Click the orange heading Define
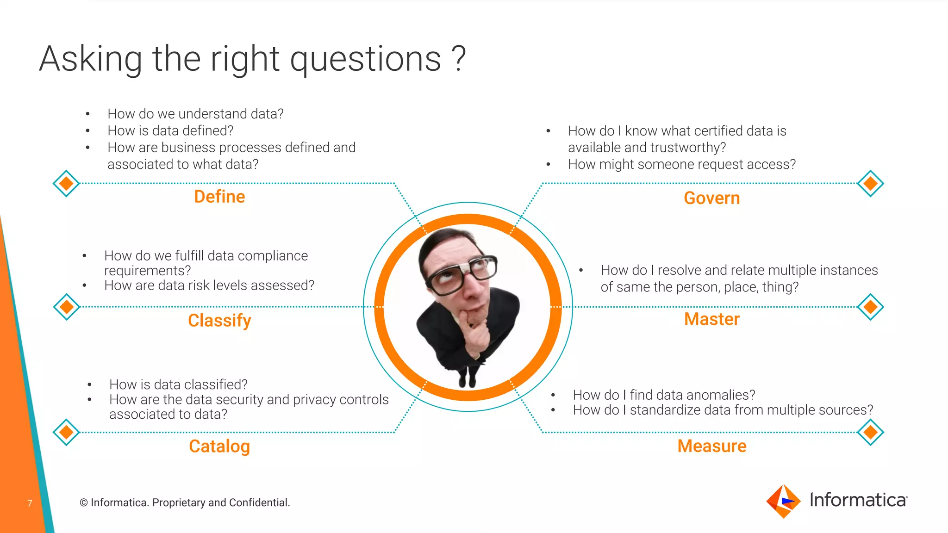point(219,197)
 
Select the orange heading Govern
point(711,198)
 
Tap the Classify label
point(219,320)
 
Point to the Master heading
point(711,319)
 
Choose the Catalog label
point(219,446)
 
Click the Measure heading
point(711,446)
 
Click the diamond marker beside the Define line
point(66,183)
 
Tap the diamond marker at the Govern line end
point(870,183)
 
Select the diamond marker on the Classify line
point(66,306)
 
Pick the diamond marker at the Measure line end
point(870,432)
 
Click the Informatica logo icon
point(783,501)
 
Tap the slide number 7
point(30,503)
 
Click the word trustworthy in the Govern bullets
point(693,148)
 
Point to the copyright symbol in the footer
point(84,503)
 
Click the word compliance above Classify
point(273,255)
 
